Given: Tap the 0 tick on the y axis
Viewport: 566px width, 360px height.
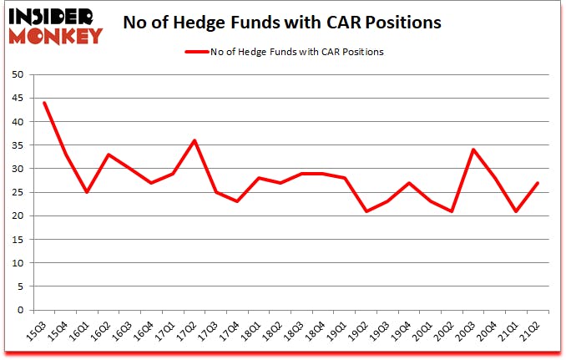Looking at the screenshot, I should tap(23, 310).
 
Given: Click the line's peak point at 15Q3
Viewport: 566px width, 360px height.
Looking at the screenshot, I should tap(43, 103).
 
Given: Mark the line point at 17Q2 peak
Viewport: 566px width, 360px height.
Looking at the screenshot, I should tap(195, 140).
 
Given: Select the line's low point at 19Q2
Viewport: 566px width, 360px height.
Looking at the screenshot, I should tap(366, 211).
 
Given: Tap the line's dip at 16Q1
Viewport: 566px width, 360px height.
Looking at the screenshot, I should tap(86, 192).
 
